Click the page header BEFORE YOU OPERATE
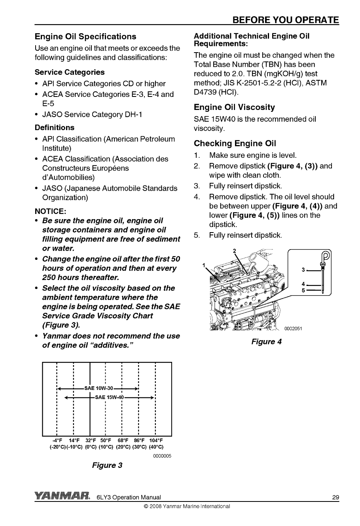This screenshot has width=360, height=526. coord(286,20)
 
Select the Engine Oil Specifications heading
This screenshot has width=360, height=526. coord(85,37)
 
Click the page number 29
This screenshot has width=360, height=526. coord(335,498)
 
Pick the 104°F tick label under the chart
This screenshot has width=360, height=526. coord(156,441)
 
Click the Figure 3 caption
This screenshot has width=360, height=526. coord(107,465)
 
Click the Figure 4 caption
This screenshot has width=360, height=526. coord(267,342)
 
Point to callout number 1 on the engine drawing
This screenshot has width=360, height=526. coord(204,265)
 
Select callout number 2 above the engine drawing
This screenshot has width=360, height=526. coord(234,250)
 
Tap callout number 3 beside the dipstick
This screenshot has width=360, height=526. coord(303,270)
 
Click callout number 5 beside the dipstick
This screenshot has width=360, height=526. coord(303,290)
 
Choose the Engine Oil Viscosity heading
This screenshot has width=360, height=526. coord(234,108)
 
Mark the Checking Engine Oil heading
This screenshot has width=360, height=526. coord(235,143)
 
